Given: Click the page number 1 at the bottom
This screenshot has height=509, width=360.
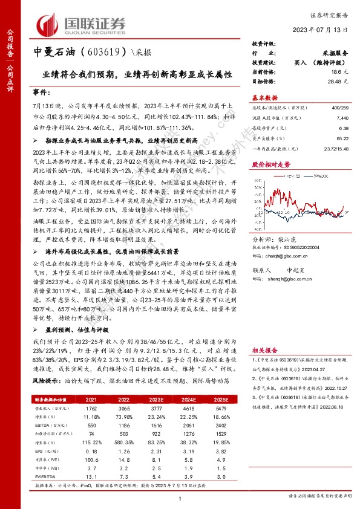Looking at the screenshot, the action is pyautogui.click(x=180, y=497).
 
